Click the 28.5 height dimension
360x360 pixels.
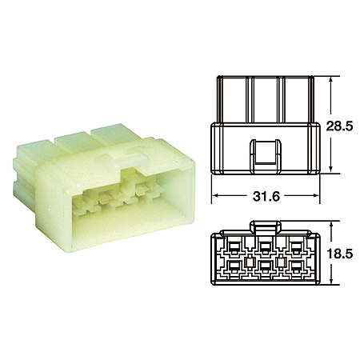pos(340,126)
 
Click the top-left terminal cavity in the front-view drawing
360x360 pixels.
pos(233,245)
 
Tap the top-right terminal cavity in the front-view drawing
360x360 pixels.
pos(297,245)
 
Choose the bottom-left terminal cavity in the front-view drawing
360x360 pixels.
pos(233,264)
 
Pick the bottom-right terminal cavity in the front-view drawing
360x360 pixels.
pos(297,264)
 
